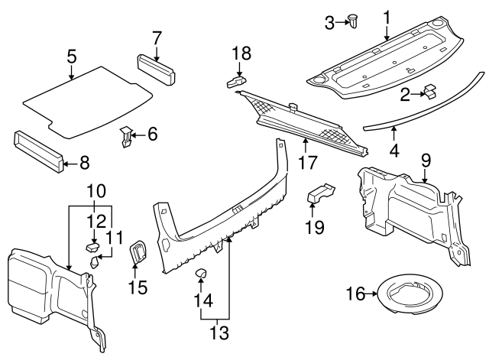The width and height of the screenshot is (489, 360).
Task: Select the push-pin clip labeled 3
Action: [x=355, y=21]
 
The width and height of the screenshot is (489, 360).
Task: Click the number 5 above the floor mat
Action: [x=71, y=56]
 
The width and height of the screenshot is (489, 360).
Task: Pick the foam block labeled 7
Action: [x=157, y=67]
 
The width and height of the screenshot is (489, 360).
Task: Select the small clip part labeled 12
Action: [x=92, y=246]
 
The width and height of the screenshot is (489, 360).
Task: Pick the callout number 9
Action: [x=426, y=160]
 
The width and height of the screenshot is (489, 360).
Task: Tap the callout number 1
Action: [x=387, y=15]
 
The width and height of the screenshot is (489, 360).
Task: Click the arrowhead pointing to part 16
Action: [x=376, y=294]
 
